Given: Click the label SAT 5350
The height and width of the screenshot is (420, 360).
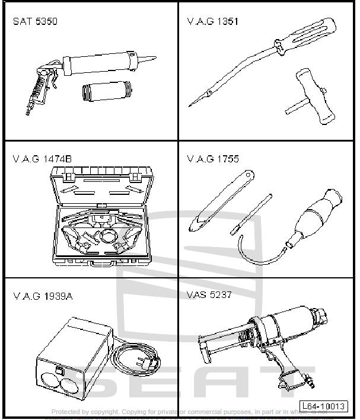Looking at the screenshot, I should tap(35, 22).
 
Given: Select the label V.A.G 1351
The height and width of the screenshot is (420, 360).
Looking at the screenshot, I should tap(212, 22).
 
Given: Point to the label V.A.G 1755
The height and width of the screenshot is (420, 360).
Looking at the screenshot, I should tap(213, 159).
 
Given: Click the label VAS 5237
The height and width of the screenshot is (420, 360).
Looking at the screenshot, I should tap(209, 294).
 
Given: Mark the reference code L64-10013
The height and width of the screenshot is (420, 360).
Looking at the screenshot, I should tap(323, 406).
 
